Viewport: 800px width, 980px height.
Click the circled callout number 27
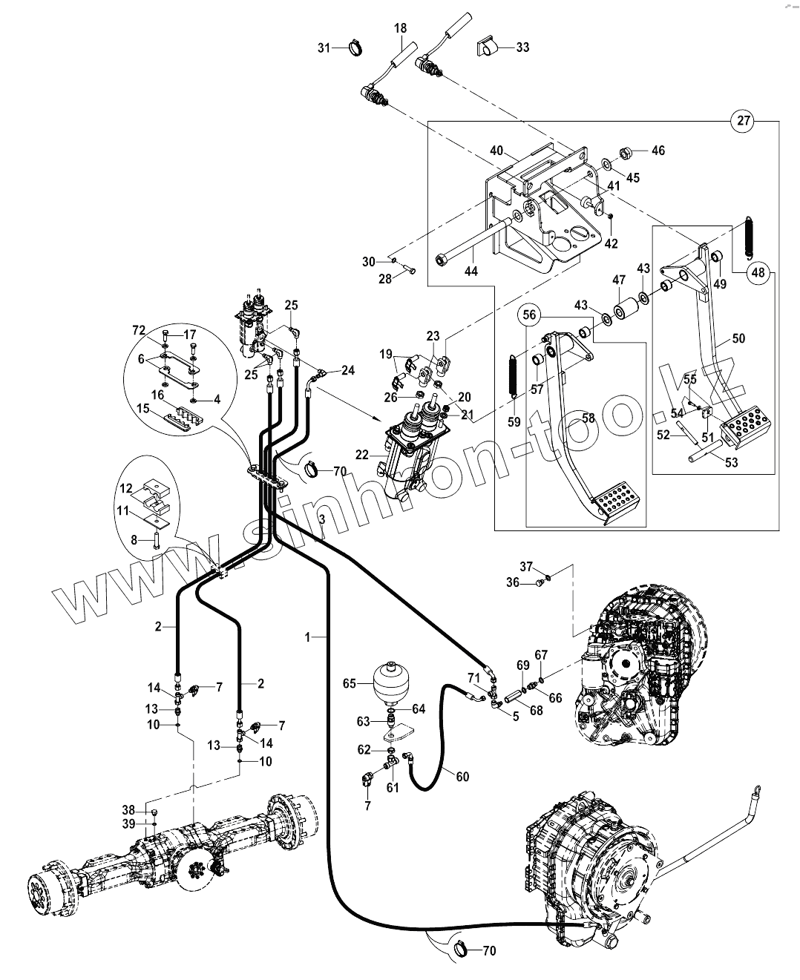pyautogui.click(x=744, y=121)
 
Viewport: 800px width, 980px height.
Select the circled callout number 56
pyautogui.click(x=529, y=315)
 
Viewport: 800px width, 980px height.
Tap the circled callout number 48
pyautogui.click(x=758, y=272)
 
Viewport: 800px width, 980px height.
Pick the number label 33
pyautogui.click(x=522, y=47)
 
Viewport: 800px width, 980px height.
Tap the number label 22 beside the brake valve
pyautogui.click(x=362, y=455)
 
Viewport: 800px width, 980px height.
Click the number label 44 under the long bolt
pyautogui.click(x=471, y=272)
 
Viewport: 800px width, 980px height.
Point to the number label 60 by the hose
pyautogui.click(x=462, y=776)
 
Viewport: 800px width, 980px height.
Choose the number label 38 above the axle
pyautogui.click(x=128, y=810)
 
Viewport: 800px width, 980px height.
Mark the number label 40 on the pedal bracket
pyautogui.click(x=496, y=151)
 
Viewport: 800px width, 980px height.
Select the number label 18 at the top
pyautogui.click(x=400, y=28)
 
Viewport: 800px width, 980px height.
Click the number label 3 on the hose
pyautogui.click(x=321, y=518)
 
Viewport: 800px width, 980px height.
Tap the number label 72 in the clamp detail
pyautogui.click(x=139, y=330)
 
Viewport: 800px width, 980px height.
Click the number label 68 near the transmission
pyautogui.click(x=537, y=711)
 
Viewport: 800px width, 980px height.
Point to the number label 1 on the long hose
pyautogui.click(x=307, y=637)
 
